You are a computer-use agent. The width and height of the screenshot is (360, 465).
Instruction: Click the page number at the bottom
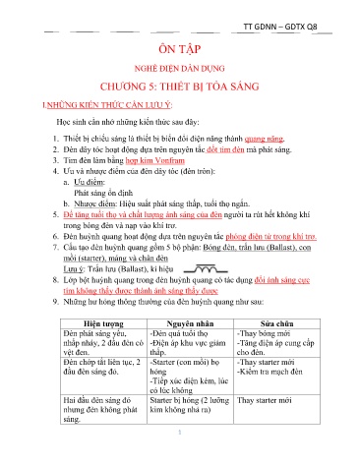(x=180, y=457)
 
